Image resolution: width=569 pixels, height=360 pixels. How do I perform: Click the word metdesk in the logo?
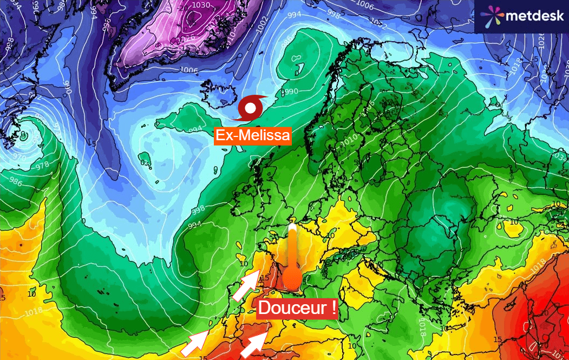(x=534, y=16)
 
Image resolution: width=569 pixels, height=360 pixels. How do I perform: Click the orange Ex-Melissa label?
(x=253, y=135)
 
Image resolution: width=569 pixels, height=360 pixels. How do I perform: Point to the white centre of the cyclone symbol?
(x=250, y=108)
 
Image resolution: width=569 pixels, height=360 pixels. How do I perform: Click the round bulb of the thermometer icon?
(x=292, y=280)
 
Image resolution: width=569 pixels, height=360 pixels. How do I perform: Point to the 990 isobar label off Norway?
(x=289, y=91)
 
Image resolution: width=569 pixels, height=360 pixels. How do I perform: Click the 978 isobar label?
(x=42, y=166)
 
